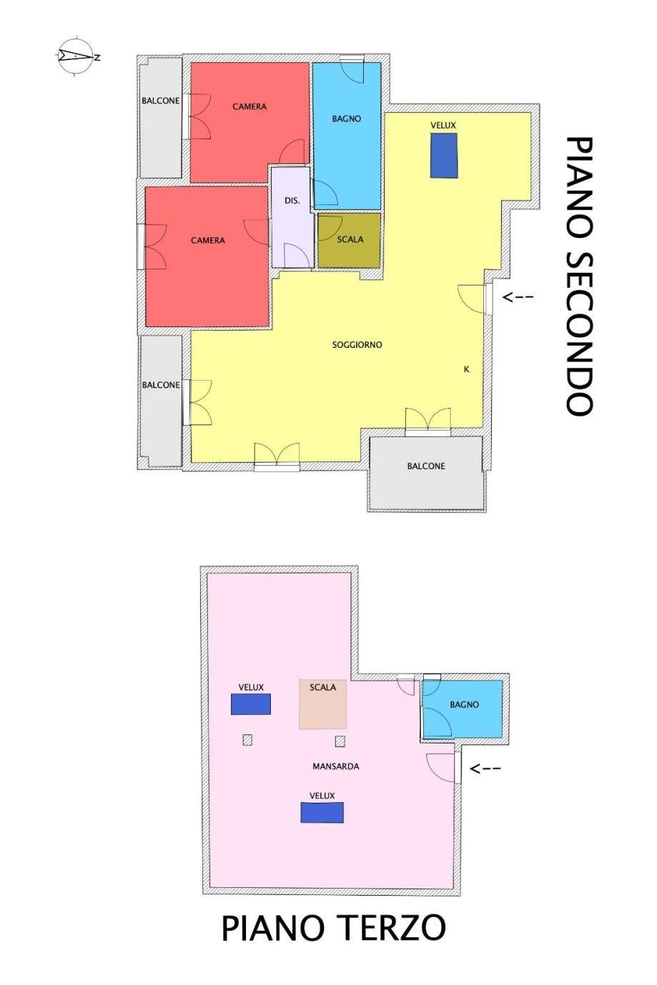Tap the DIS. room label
click(292, 201)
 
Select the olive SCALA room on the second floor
click(349, 240)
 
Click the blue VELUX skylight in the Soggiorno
click(443, 156)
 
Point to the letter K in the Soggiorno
click(466, 369)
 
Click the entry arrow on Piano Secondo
click(518, 297)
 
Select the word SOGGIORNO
click(357, 345)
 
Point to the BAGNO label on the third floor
click(464, 704)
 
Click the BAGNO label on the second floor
click(347, 119)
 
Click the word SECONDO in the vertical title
click(579, 333)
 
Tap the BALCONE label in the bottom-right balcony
click(426, 466)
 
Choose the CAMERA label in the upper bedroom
click(250, 106)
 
